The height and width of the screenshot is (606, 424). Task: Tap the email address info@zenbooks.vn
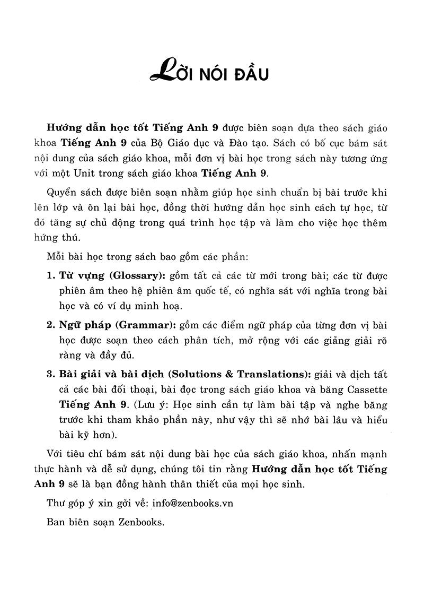click(x=192, y=503)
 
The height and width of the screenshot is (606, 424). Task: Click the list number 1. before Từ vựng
click(x=51, y=276)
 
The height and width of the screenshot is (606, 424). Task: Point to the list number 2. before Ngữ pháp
click(x=51, y=325)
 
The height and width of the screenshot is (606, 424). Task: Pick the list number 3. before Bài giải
click(x=51, y=374)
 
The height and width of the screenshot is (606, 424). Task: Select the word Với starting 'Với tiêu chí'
click(x=55, y=454)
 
